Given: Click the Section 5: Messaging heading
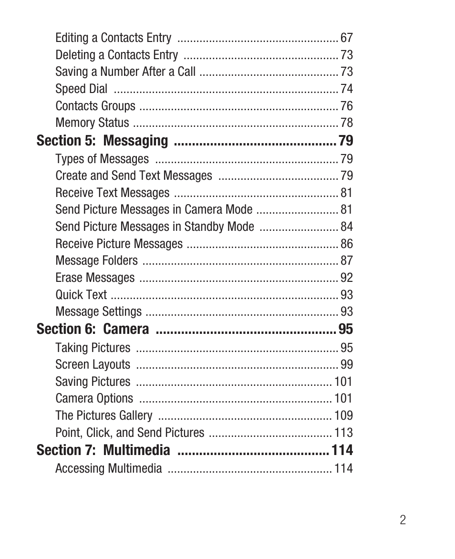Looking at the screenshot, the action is point(102,141).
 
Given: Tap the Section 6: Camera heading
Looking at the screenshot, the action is point(93,329).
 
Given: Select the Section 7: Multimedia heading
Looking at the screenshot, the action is point(103,450).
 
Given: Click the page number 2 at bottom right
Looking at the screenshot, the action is point(403,520).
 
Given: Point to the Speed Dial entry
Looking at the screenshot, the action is point(81,89).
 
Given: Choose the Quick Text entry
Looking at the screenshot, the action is point(81,295).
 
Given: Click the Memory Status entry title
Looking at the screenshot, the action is point(92,123).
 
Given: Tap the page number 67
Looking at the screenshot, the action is point(347,38).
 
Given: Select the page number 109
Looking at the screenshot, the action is point(343,416).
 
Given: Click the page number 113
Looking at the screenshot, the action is point(343,433).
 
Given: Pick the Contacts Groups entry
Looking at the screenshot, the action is point(95,106).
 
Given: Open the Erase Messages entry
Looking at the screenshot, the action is point(95,278).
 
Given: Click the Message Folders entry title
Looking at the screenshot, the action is point(96,261).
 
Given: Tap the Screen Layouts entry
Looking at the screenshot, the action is point(93,365).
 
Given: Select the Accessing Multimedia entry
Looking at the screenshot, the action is point(109,469).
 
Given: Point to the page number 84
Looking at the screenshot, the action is point(347,227).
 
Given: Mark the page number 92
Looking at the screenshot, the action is point(347,278).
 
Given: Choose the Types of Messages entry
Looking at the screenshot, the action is point(102,159).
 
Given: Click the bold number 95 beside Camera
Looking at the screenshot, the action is point(346,329).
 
